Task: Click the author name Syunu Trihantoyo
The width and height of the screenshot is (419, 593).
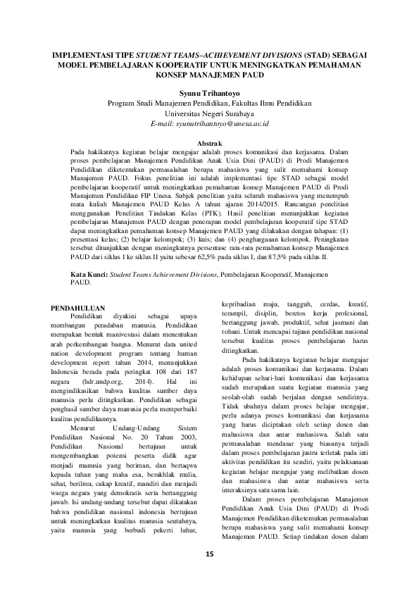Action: [x=209, y=93]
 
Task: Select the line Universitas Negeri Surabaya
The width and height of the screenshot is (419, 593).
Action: [x=209, y=113]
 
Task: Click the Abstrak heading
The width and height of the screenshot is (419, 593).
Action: [x=209, y=143]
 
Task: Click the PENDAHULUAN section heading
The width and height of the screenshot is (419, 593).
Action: [x=80, y=308]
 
